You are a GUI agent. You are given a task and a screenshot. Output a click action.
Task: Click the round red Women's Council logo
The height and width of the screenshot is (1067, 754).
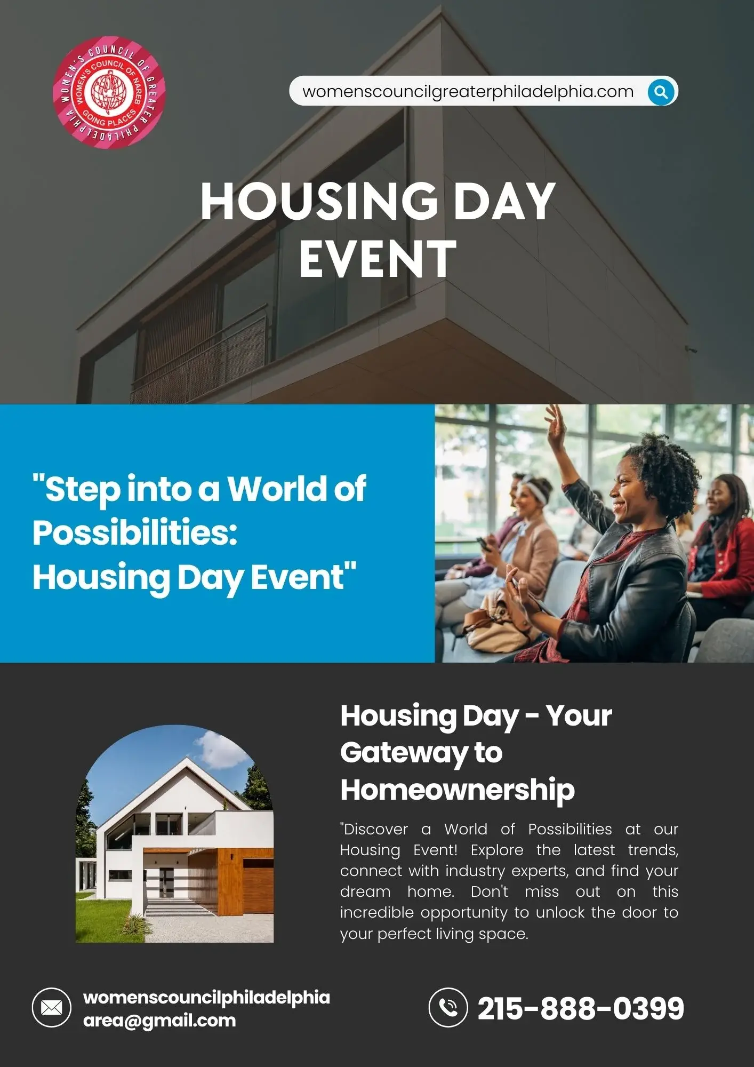[109, 92]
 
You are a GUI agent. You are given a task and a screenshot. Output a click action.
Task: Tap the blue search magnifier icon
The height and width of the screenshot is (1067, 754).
[661, 92]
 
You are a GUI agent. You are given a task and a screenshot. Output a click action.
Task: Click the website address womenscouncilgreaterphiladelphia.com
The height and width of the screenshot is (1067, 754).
[468, 92]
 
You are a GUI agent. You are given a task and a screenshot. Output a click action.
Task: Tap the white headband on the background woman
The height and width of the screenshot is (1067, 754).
[533, 491]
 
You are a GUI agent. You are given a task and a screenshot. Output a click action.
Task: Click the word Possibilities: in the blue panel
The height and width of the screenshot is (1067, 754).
[135, 533]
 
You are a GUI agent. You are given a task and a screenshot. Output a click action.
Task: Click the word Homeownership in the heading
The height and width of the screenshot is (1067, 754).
[458, 790]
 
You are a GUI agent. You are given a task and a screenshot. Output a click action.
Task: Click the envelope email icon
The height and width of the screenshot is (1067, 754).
[52, 1008]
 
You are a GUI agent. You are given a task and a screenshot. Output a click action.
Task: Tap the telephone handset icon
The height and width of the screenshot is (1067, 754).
[448, 1007]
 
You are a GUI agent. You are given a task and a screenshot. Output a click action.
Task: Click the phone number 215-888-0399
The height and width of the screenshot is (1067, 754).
[581, 1008]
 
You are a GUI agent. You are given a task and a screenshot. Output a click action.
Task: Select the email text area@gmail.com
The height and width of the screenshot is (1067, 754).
[159, 1021]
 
